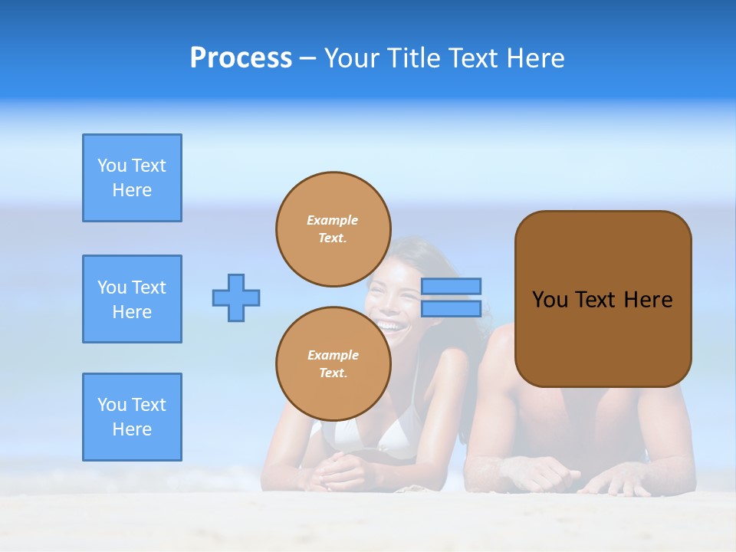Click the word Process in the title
[x=241, y=58]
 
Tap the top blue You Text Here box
[x=132, y=178]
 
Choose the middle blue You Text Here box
[x=132, y=299]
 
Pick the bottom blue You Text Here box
[x=132, y=417]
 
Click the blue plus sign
[x=236, y=297]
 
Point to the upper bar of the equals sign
[x=451, y=286]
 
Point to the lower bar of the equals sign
[x=451, y=308]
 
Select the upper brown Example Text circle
[x=333, y=229]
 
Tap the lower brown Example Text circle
[x=333, y=363]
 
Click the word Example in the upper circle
[x=333, y=220]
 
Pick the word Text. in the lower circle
[x=333, y=373]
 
